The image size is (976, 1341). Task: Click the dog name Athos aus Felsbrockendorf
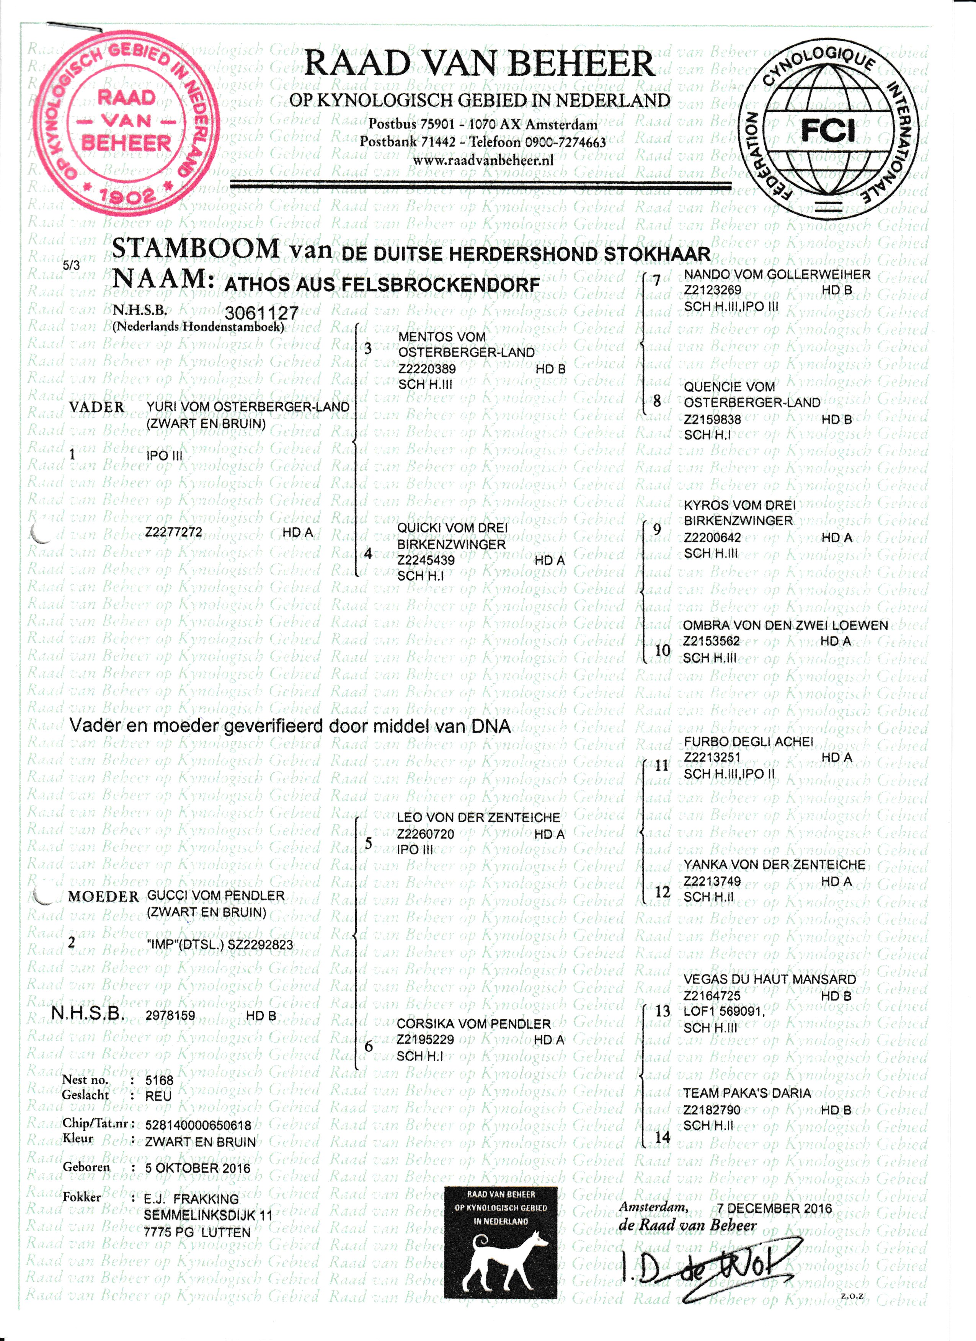382,284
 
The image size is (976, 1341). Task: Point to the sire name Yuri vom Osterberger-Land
248,407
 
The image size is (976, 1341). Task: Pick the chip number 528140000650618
198,1125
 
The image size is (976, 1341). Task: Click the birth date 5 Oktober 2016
197,1168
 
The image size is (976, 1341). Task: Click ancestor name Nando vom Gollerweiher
777,274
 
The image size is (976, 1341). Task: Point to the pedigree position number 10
663,650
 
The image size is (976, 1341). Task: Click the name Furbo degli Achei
748,741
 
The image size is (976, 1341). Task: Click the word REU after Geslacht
158,1096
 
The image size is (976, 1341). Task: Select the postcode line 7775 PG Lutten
197,1233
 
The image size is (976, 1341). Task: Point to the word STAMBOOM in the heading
195,248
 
